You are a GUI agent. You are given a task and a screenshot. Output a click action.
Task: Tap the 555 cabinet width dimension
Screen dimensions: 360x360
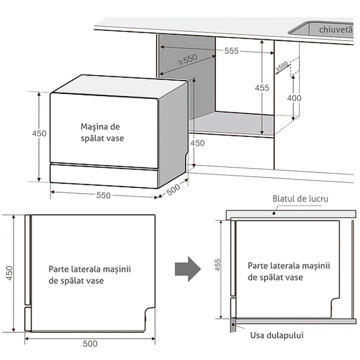[231, 51]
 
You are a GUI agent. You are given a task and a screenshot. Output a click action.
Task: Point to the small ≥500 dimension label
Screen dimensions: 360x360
[282, 66]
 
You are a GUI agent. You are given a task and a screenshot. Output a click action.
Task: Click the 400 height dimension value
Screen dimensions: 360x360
[294, 98]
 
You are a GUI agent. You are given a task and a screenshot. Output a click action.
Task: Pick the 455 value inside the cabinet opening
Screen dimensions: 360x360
[262, 88]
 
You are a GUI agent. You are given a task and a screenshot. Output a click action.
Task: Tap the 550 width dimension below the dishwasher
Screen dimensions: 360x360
[103, 195]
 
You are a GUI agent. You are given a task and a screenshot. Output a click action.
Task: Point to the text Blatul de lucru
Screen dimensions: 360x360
[300, 199]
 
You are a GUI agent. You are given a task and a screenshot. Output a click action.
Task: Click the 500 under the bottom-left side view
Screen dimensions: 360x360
[90, 344]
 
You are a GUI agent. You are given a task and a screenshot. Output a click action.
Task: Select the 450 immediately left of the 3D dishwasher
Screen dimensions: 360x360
[39, 133]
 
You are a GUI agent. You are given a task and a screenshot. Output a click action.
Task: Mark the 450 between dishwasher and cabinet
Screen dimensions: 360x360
[197, 143]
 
